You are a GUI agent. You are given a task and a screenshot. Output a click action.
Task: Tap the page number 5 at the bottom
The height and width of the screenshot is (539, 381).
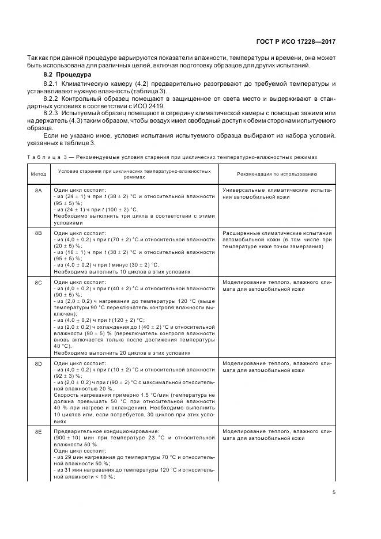click(x=334, y=492)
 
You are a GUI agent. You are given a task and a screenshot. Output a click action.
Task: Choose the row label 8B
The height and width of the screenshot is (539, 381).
click(x=38, y=233)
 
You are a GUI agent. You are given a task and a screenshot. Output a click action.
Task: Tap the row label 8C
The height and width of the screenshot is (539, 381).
click(x=38, y=283)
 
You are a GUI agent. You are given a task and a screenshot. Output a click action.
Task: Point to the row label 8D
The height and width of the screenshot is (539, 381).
click(x=38, y=363)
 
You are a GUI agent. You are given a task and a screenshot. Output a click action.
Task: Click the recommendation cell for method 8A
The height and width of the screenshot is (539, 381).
click(x=276, y=193)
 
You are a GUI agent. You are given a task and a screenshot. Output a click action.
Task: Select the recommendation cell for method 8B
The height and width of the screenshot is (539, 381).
click(x=276, y=240)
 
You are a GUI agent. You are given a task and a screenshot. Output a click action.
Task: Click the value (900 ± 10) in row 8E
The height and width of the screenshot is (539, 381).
click(x=68, y=438)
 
